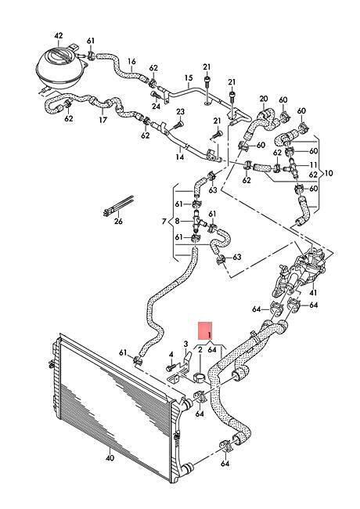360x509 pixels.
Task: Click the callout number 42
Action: click(59, 36)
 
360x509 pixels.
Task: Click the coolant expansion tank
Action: click(61, 67)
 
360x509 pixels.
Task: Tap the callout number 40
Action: click(110, 458)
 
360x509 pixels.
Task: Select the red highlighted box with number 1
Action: click(206, 331)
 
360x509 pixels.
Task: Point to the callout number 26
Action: click(118, 222)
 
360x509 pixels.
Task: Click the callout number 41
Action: click(313, 293)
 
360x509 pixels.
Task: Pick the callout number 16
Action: click(131, 61)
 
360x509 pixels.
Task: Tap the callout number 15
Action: click(189, 78)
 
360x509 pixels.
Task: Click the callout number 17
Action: click(103, 120)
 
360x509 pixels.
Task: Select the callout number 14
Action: click(180, 157)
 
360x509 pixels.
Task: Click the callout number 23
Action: click(180, 112)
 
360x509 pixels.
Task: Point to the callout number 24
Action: click(156, 106)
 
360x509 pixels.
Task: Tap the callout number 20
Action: click(264, 99)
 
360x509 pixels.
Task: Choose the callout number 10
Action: click(329, 173)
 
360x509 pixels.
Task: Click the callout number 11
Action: click(314, 165)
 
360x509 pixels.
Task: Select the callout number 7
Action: click(164, 222)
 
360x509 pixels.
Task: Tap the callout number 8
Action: click(177, 222)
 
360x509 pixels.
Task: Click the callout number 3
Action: click(185, 344)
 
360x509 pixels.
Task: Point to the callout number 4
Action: click(171, 354)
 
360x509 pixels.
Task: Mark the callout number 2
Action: click(200, 349)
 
